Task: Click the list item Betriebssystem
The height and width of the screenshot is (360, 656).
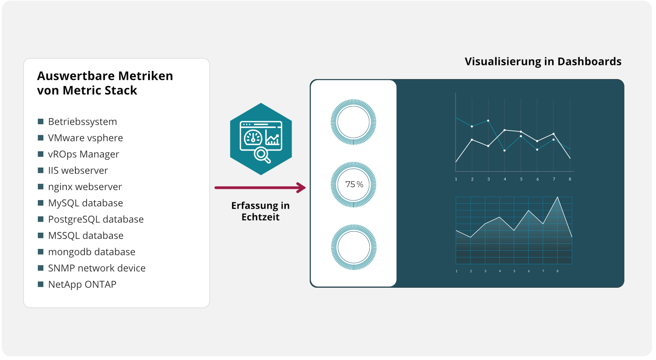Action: pos(82,122)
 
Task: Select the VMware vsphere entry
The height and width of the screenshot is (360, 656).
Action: pos(85,138)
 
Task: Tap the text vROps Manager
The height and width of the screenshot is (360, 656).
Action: pos(84,154)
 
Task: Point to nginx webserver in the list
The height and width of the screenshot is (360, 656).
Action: pos(85,187)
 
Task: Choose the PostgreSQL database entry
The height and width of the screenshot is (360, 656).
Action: pos(96,219)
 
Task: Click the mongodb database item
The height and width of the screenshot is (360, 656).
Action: pos(91,252)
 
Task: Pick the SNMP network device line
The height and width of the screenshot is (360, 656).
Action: pos(97,268)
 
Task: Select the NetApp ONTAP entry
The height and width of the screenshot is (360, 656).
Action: pos(82,284)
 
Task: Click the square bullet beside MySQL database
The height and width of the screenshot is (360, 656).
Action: pos(41,203)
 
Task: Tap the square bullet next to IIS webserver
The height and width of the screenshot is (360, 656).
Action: pos(41,170)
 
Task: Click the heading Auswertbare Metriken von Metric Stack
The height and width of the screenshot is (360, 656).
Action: pos(105,83)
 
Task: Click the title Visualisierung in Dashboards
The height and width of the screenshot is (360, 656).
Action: pos(543,61)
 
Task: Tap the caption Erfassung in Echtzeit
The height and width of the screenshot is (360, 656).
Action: pos(261,211)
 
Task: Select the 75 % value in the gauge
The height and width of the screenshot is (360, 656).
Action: pos(354,184)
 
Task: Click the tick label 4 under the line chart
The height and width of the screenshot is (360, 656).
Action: pos(505,179)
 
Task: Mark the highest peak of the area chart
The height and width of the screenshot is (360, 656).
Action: pos(557,197)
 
